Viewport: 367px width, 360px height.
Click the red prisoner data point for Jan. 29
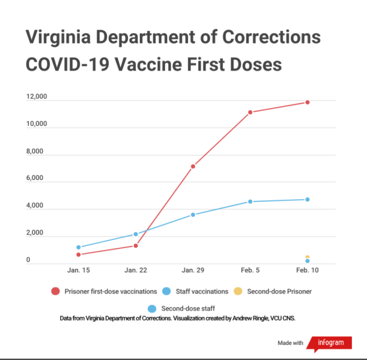[x=193, y=166]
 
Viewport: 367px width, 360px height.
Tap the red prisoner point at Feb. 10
[x=308, y=102]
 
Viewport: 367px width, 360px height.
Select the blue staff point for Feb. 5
[x=250, y=202]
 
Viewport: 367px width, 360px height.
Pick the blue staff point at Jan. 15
[x=78, y=247]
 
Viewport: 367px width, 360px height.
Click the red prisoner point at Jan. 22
[x=136, y=245]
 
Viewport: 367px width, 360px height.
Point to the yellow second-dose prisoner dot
[x=308, y=257]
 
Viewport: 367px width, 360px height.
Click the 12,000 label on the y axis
[x=37, y=98]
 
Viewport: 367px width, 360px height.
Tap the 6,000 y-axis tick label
[x=37, y=179]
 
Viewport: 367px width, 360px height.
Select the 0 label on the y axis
[x=28, y=260]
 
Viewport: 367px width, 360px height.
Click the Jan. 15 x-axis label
[x=78, y=271]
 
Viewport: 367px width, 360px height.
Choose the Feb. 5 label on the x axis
[x=250, y=271]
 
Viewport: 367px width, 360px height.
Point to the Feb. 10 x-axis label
[x=308, y=271]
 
